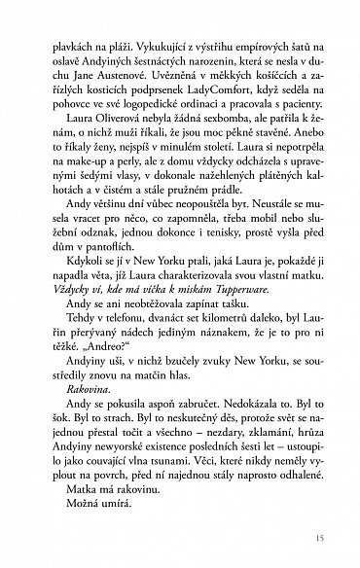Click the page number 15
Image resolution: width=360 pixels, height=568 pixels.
(x=308, y=539)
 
